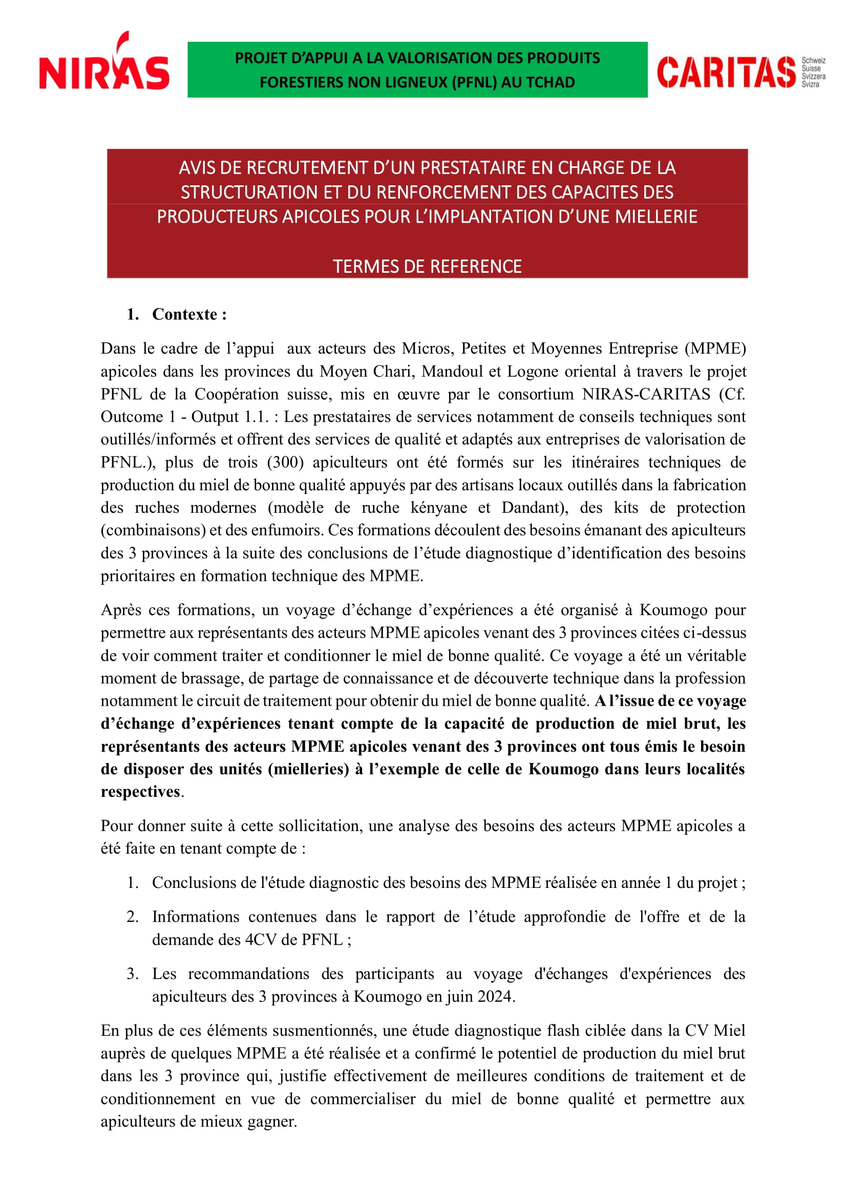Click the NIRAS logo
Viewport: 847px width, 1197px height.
click(104, 63)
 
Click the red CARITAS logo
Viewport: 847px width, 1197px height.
click(726, 73)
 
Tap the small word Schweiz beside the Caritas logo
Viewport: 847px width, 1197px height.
click(813, 61)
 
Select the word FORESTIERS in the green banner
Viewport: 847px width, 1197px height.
click(298, 82)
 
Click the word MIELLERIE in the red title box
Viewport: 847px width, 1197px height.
click(655, 217)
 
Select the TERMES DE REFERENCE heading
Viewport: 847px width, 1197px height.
click(427, 267)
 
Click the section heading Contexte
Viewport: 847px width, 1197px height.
click(189, 314)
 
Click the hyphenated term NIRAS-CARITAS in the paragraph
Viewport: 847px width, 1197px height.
click(646, 394)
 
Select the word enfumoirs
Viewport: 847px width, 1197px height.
click(286, 530)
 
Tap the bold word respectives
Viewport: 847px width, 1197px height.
click(140, 792)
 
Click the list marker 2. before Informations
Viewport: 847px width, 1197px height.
click(133, 917)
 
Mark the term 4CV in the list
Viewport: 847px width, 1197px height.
click(261, 940)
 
